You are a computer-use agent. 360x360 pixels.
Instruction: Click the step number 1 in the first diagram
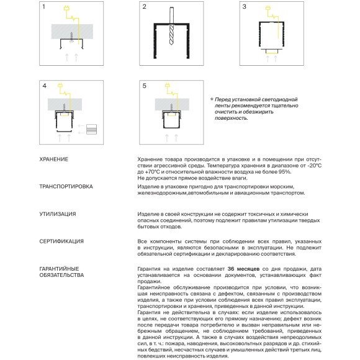point(43,7)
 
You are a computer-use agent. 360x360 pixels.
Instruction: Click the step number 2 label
point(144,7)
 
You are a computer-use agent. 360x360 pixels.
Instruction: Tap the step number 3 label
point(245,7)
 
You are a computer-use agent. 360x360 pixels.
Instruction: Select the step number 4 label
point(44,86)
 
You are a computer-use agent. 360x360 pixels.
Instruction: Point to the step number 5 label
point(144,86)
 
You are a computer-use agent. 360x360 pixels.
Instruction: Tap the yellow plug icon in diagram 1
point(66,9)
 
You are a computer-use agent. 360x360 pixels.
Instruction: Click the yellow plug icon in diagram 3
point(268,8)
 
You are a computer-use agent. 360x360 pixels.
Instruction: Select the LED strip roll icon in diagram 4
point(91,129)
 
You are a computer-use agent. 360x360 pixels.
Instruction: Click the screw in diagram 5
point(171,107)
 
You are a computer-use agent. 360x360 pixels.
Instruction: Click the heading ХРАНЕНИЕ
point(54,160)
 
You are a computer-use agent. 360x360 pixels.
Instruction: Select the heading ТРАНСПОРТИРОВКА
point(66,186)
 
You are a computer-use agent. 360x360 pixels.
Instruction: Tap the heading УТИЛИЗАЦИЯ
point(57,214)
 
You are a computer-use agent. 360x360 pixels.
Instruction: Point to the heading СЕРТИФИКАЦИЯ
point(61,241)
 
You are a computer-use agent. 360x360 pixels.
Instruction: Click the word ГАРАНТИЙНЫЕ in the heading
point(59,269)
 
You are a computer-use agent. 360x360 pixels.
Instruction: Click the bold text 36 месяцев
point(243,269)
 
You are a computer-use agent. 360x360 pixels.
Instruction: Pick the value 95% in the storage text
point(285,172)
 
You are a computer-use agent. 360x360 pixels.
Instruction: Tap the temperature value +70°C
point(152,172)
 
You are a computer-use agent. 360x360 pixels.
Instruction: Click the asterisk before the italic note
point(212,99)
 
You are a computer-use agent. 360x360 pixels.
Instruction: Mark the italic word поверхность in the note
point(231,118)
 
